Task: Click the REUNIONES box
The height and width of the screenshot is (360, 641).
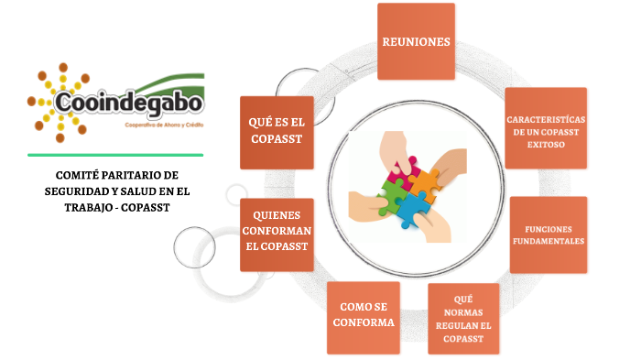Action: click(x=416, y=41)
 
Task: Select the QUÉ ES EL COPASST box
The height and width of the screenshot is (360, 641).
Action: click(x=276, y=132)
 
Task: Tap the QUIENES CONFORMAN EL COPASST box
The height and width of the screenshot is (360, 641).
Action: click(x=276, y=235)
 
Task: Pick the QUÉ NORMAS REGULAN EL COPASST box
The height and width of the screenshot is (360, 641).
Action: click(x=462, y=319)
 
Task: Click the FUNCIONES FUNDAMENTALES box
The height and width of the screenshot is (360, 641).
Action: click(x=548, y=235)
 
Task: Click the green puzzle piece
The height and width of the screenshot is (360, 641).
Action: click(x=393, y=194)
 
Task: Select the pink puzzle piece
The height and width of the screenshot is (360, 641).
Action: click(x=399, y=169)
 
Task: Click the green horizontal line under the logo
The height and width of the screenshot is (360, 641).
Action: click(x=114, y=155)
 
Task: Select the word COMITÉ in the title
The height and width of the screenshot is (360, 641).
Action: click(x=79, y=175)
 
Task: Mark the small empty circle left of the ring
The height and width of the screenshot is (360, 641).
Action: click(x=194, y=245)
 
